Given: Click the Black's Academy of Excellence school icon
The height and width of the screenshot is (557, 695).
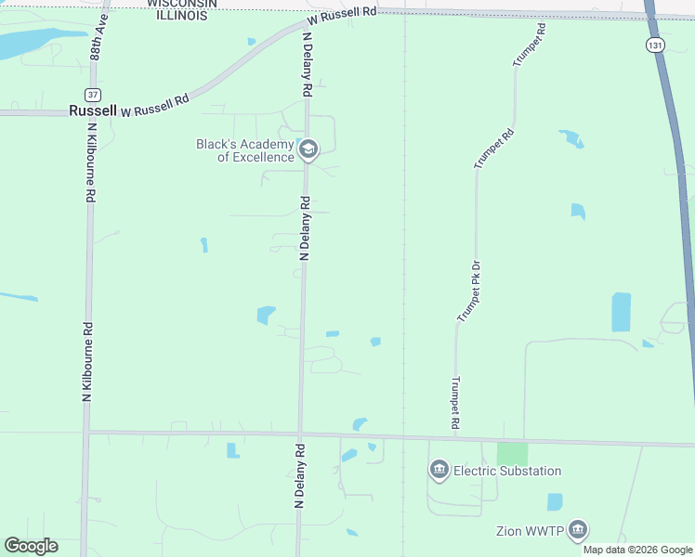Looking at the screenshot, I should click(308, 149).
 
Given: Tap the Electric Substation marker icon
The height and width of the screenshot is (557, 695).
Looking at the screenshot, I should click(439, 471).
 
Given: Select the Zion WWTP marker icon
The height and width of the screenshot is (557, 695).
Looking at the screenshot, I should click(578, 530).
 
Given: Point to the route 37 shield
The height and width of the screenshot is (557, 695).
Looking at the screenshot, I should click(91, 94).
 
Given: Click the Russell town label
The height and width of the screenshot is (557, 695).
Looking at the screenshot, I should click(93, 110).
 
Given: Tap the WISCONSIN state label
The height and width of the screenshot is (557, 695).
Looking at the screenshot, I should click(181, 3).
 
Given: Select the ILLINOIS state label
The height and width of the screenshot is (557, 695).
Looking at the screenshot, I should click(181, 15).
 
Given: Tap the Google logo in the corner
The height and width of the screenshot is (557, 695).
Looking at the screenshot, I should click(31, 546).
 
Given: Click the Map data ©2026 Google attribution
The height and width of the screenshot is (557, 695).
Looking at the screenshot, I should click(637, 550).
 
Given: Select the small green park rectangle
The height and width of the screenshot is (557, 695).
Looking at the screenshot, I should click(512, 454).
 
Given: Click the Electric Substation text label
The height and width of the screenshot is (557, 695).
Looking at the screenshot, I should click(507, 471).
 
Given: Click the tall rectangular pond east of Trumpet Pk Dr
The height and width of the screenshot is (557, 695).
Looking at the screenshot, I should click(621, 312).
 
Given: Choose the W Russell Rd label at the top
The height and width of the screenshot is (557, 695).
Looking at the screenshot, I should click(343, 16).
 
